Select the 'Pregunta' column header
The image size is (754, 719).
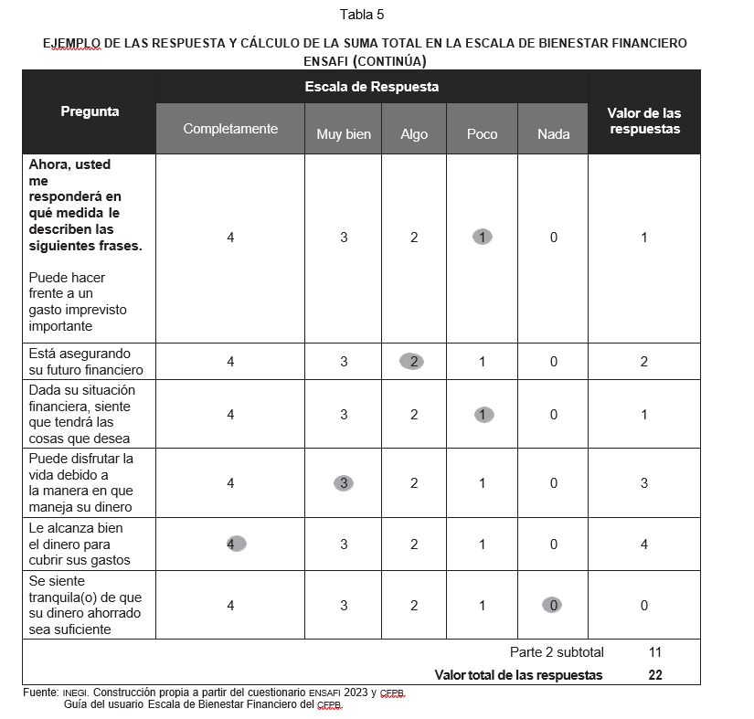pos(90,111)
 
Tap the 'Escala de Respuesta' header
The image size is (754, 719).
pos(371,87)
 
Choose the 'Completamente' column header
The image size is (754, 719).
pos(230,129)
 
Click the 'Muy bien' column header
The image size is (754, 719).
pos(344,134)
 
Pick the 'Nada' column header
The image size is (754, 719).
pos(554,134)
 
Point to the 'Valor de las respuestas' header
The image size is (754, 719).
pos(643,121)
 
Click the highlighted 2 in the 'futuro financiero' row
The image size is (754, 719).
pos(413,361)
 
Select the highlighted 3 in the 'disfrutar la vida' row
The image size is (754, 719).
pos(344,483)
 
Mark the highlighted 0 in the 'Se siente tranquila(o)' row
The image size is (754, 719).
pos(553,605)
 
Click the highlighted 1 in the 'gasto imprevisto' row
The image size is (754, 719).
pos(483,237)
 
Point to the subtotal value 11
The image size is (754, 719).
pos(654,652)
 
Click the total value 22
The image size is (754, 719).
pos(654,675)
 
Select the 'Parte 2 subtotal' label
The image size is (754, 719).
pos(557,652)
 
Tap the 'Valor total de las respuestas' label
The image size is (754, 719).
pos(518,675)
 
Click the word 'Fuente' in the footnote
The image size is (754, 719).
pos(40,693)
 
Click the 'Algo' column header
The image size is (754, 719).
pos(414,134)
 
